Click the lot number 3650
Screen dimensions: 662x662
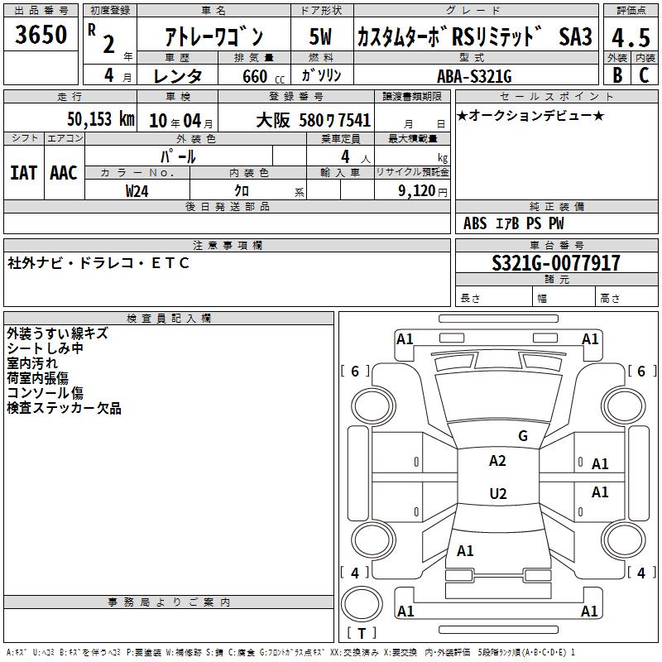coord(41,34)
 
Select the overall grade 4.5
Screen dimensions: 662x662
coord(631,37)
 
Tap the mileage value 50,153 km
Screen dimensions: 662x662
coord(101,119)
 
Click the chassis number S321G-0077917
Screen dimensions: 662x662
coord(556,263)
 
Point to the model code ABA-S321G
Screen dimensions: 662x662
coord(474,76)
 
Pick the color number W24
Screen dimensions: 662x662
coord(137,191)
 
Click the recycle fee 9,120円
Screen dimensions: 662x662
coord(423,191)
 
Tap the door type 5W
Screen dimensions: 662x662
coord(320,36)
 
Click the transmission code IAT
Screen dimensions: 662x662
coord(23,173)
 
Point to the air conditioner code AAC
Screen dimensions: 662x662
coord(64,173)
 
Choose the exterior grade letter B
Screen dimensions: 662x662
coord(617,75)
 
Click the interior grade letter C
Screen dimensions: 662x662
coord(644,75)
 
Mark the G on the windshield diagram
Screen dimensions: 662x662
coord(523,435)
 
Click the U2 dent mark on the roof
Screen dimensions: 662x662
coord(498,493)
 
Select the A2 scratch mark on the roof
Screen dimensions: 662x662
coord(497,461)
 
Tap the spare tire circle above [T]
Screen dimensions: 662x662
coord(362,604)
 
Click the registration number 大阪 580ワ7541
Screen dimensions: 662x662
coord(314,120)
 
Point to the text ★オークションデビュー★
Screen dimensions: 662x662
coord(530,115)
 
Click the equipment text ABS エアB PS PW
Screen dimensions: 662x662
coord(513,223)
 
